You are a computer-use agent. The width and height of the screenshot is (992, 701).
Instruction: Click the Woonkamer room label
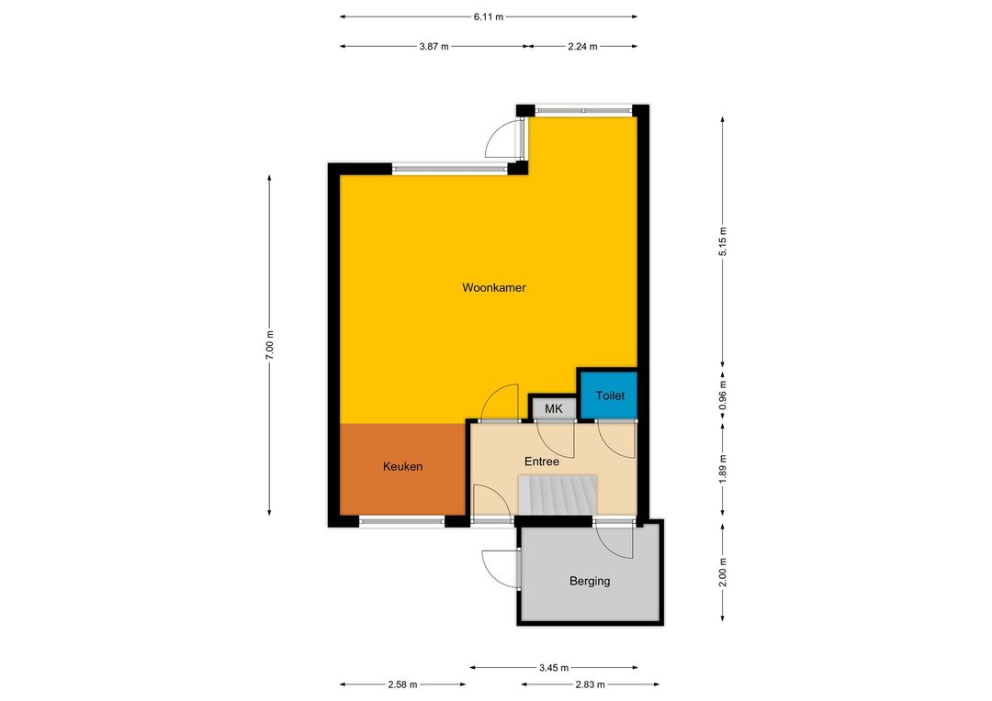pyautogui.click(x=493, y=287)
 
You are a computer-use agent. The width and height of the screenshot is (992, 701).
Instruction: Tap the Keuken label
pyautogui.click(x=402, y=466)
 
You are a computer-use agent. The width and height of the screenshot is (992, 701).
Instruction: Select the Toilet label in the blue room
pyautogui.click(x=610, y=395)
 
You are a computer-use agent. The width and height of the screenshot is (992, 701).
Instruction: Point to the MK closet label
pyautogui.click(x=554, y=409)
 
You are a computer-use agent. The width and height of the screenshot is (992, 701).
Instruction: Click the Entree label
pyautogui.click(x=542, y=462)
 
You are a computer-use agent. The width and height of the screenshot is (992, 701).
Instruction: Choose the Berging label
pyautogui.click(x=590, y=581)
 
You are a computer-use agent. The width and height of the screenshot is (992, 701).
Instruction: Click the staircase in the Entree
pyautogui.click(x=558, y=495)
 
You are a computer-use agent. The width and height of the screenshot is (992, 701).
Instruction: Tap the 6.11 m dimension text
pyautogui.click(x=489, y=17)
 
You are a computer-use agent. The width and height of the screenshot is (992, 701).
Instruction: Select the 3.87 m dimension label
pyautogui.click(x=434, y=46)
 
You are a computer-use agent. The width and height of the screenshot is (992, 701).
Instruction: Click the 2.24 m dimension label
pyautogui.click(x=582, y=46)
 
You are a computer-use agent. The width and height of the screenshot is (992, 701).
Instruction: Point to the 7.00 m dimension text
pyautogui.click(x=269, y=345)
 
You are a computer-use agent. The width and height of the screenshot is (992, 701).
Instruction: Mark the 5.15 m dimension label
pyautogui.click(x=723, y=240)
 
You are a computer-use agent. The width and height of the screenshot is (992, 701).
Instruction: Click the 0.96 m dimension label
pyautogui.click(x=723, y=395)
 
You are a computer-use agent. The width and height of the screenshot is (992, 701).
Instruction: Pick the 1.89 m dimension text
pyautogui.click(x=723, y=469)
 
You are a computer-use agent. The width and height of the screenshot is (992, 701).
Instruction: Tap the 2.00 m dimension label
pyautogui.click(x=723, y=572)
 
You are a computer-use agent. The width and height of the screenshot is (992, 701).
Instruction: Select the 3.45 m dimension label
pyautogui.click(x=554, y=667)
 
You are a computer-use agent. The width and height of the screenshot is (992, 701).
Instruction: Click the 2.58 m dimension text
pyautogui.click(x=402, y=684)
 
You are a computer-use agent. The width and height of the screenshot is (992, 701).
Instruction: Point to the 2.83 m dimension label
pyautogui.click(x=590, y=684)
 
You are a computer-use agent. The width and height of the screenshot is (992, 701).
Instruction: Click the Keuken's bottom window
pyautogui.click(x=402, y=521)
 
